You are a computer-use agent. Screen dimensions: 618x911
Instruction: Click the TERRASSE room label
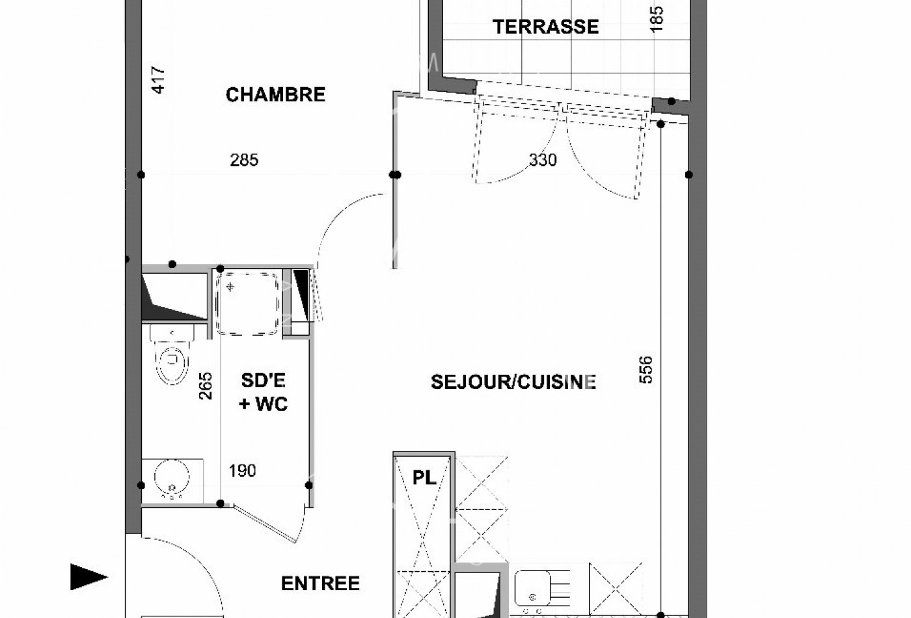pyautogui.click(x=545, y=27)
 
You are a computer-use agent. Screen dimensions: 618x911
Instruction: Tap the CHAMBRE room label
pyautogui.click(x=275, y=95)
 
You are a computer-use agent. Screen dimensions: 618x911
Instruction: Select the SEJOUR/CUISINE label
pyautogui.click(x=513, y=382)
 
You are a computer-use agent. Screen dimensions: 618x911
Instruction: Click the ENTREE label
pyautogui.click(x=320, y=584)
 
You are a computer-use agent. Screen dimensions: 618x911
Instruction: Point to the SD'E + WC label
pyautogui.click(x=264, y=392)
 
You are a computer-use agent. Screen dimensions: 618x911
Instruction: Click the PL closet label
pyautogui.click(x=424, y=478)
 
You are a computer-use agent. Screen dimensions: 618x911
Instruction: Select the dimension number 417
pyautogui.click(x=158, y=80)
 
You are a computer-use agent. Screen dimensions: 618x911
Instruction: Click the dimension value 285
pyautogui.click(x=244, y=160)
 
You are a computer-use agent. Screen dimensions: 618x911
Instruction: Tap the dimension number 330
pyautogui.click(x=543, y=160)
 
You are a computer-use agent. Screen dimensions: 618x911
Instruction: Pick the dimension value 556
pyautogui.click(x=646, y=369)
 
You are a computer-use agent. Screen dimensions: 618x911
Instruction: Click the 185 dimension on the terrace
pyautogui.click(x=657, y=19)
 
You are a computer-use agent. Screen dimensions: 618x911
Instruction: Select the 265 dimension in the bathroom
pyautogui.click(x=205, y=385)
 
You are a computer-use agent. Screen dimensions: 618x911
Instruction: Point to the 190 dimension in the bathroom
pyautogui.click(x=242, y=470)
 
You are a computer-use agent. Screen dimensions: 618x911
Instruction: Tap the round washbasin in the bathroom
pyautogui.click(x=172, y=479)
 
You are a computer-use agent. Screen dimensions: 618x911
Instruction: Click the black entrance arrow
pyautogui.click(x=88, y=576)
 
